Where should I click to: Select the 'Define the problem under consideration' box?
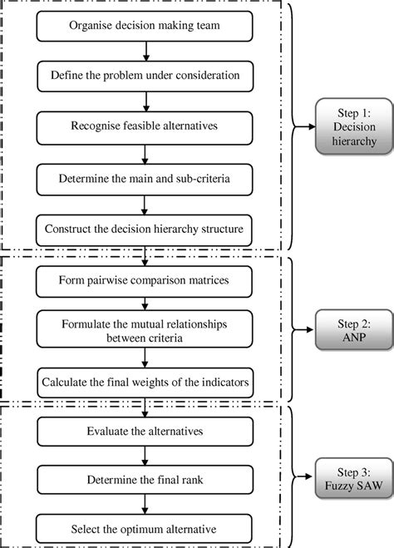click(x=145, y=76)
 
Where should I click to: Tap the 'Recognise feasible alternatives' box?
click(x=145, y=126)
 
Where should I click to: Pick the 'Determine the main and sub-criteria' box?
click(x=145, y=177)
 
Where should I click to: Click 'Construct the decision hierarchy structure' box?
click(x=145, y=228)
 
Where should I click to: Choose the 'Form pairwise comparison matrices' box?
click(x=145, y=280)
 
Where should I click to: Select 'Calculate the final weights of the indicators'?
click(x=145, y=382)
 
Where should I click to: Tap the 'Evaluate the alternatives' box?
click(x=145, y=432)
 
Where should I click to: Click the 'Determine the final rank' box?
click(x=145, y=480)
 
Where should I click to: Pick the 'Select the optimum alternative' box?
click(x=145, y=530)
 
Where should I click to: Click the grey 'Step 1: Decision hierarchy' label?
click(x=347, y=127)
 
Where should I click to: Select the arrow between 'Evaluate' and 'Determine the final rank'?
click(x=145, y=456)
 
